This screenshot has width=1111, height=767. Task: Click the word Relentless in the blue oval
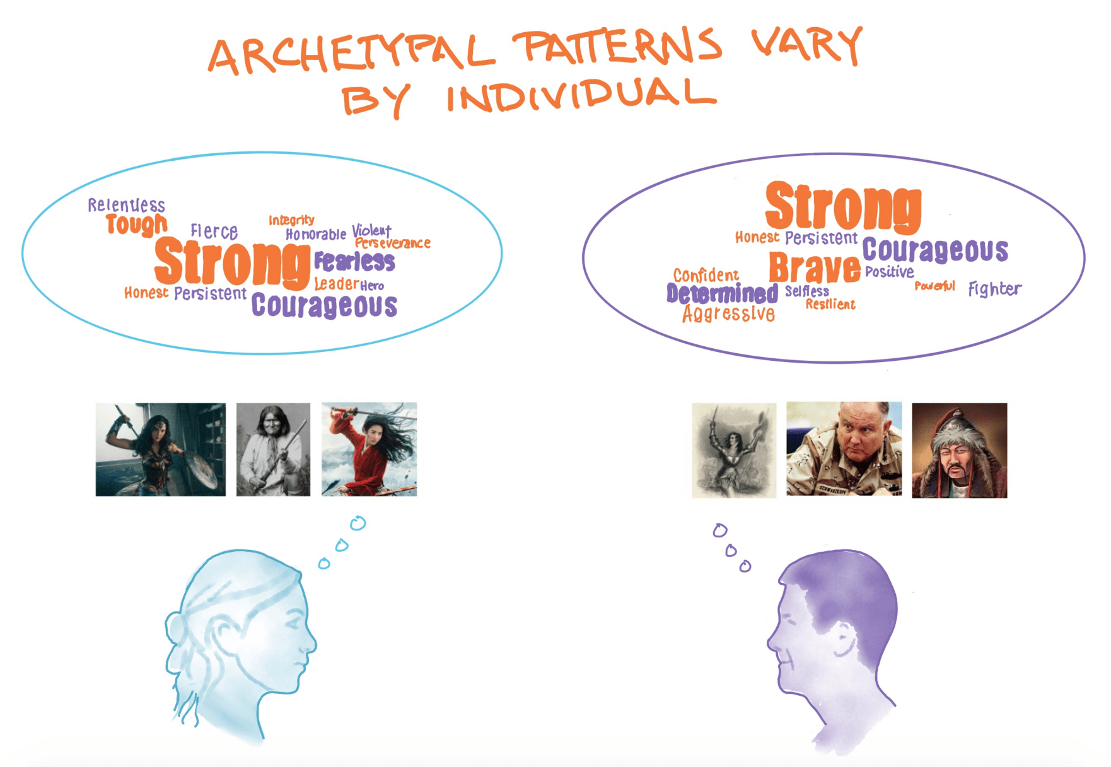[x=126, y=205]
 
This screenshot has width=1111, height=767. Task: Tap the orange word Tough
[x=136, y=224]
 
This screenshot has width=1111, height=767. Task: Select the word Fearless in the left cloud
[x=354, y=261]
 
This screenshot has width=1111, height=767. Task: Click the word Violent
[x=371, y=230]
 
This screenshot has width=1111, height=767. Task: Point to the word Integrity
[x=291, y=220]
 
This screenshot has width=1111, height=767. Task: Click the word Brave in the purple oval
[x=814, y=268]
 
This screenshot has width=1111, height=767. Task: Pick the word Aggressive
[x=728, y=313]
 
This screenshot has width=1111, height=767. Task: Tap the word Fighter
[x=994, y=289]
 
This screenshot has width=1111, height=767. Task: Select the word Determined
[x=722, y=294]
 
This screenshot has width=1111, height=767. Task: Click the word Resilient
[x=830, y=305]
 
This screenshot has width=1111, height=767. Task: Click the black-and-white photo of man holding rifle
[x=273, y=449]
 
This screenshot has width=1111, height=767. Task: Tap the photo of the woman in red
[x=369, y=449]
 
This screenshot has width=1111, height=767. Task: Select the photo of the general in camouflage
[x=844, y=449]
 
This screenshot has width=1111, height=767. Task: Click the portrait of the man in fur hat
[x=959, y=450]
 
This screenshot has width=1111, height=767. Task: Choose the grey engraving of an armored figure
[x=734, y=450]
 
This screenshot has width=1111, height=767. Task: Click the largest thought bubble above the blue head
[x=358, y=523]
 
